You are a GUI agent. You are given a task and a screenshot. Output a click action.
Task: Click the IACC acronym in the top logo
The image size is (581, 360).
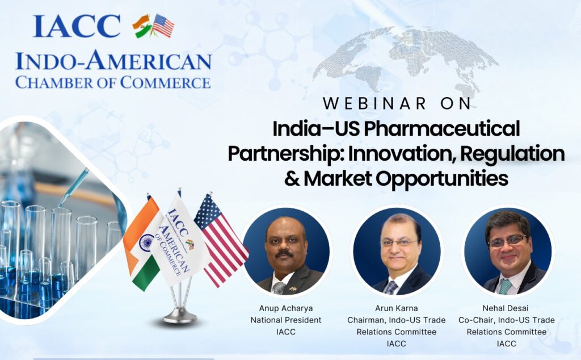(x=77, y=26)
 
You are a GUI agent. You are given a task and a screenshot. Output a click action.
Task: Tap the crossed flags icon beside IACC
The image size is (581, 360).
(x=153, y=26)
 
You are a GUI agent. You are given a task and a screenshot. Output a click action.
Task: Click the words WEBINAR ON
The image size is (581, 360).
(x=397, y=104)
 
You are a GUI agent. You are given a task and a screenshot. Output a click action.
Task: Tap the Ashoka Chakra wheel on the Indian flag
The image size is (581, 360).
(x=146, y=242)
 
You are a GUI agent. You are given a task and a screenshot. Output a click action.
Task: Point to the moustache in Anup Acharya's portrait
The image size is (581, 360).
(x=285, y=253)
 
